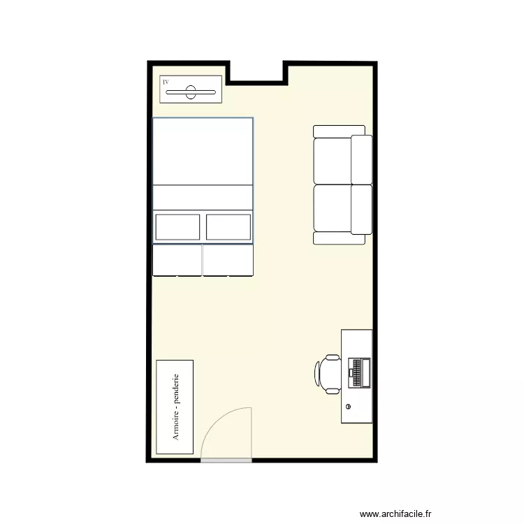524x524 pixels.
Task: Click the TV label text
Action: pyautogui.click(x=166, y=82)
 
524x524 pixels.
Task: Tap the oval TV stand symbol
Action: pyautogui.click(x=191, y=92)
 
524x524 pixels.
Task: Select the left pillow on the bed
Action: pyautogui.click(x=177, y=227)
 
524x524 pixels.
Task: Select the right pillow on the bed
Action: pyautogui.click(x=228, y=227)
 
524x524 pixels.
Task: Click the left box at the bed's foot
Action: pyautogui.click(x=177, y=259)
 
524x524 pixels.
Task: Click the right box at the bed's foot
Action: pyautogui.click(x=228, y=259)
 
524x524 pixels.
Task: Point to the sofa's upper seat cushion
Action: pyautogui.click(x=333, y=160)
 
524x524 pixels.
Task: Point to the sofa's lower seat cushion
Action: pyautogui.click(x=333, y=208)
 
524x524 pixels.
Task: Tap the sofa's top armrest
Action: pyautogui.click(x=339, y=131)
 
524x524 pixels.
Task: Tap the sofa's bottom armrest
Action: pyautogui.click(x=340, y=238)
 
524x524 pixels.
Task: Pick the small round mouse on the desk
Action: pyautogui.click(x=348, y=406)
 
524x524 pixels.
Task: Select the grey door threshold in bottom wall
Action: pyautogui.click(x=226, y=460)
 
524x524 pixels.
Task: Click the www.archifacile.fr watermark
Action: pyautogui.click(x=395, y=512)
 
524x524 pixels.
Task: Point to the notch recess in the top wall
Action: pyautogui.click(x=256, y=72)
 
